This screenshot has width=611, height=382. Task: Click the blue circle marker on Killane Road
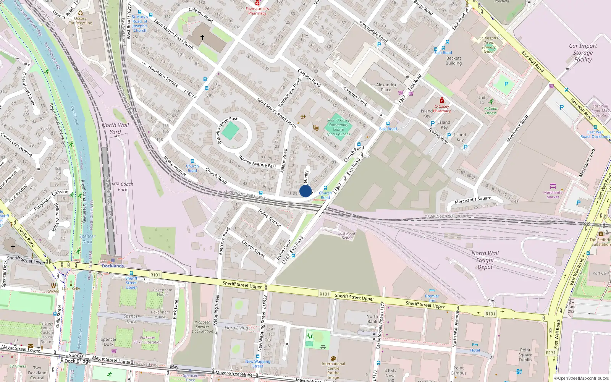[305, 191]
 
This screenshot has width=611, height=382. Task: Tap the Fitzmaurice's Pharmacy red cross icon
[257, 3]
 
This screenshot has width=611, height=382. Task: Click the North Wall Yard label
[115, 129]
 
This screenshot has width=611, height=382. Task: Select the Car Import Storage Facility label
[583, 53]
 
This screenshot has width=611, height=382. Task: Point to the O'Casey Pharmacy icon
[442, 100]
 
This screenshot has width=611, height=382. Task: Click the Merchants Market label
[553, 194]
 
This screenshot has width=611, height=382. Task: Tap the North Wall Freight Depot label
[485, 260]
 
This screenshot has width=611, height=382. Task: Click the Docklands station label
[113, 266]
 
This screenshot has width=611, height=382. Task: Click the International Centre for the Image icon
[333, 359]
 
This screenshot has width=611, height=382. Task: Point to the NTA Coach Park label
[122, 187]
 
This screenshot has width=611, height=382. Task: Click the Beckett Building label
[454, 61]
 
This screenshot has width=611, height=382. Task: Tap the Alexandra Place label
[386, 87]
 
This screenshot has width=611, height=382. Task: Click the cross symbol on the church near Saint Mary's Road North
[202, 37]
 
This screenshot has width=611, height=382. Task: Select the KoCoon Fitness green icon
[491, 102]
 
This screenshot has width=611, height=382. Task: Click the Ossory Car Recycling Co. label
[80, 23]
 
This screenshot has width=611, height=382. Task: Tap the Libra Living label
[236, 328]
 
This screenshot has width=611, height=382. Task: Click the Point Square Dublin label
[525, 355]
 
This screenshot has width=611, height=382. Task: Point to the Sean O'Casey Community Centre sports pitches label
[338, 127]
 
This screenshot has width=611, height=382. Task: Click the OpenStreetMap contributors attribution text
[582, 379]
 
